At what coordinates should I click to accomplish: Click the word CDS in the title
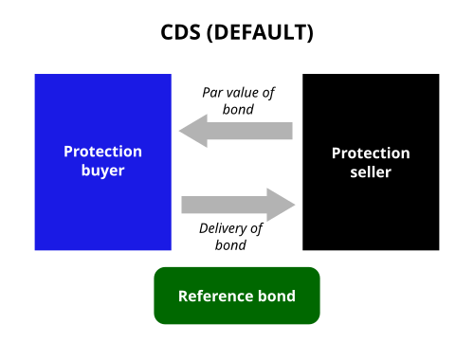point(180,32)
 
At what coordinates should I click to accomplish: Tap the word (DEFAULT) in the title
point(260,33)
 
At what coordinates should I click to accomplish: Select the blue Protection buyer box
point(103,162)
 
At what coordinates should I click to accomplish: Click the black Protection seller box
point(371,162)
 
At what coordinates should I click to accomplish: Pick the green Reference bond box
point(237,296)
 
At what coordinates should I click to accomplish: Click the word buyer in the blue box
point(102,171)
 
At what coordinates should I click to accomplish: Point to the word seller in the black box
point(371,172)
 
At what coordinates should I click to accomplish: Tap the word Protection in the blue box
point(102,152)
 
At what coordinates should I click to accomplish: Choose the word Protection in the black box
point(371,153)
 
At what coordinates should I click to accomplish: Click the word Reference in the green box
point(215,297)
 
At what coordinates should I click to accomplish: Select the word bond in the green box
point(277,297)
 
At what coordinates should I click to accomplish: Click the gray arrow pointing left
point(236,131)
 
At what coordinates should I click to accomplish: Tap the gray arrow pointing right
point(238,205)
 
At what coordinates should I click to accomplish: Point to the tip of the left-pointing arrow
point(179,131)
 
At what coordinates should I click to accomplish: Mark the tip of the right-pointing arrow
point(295,205)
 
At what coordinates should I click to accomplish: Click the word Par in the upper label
point(212,93)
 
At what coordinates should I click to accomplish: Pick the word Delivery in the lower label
point(223,229)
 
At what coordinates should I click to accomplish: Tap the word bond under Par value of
point(238,109)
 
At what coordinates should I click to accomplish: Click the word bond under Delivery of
point(230,245)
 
